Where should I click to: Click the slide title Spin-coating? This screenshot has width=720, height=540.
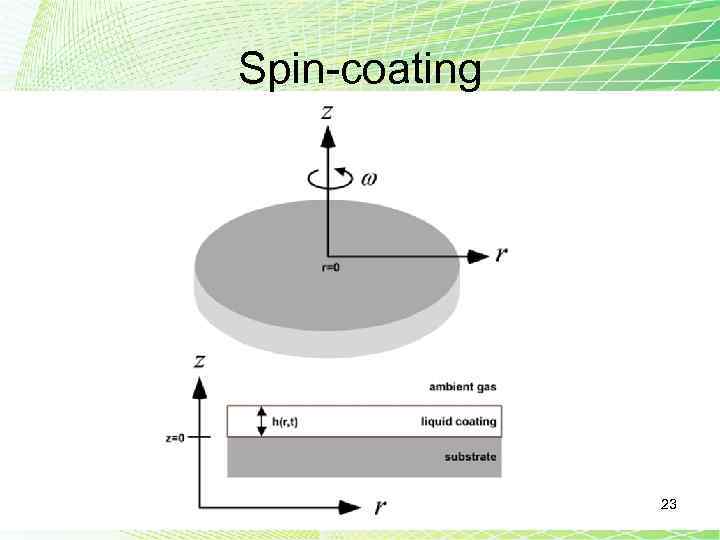360,69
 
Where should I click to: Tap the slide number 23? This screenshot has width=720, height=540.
669,506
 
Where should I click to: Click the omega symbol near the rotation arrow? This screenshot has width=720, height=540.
370,179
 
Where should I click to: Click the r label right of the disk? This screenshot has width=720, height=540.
501,254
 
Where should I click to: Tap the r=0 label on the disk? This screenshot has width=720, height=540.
329,268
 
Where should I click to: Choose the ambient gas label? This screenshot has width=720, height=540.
463,386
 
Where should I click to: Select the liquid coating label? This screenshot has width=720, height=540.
458,421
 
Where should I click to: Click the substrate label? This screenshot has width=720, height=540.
470,457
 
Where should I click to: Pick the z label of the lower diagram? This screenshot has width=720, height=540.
200,360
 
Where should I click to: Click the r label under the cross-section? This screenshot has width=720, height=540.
380,506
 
